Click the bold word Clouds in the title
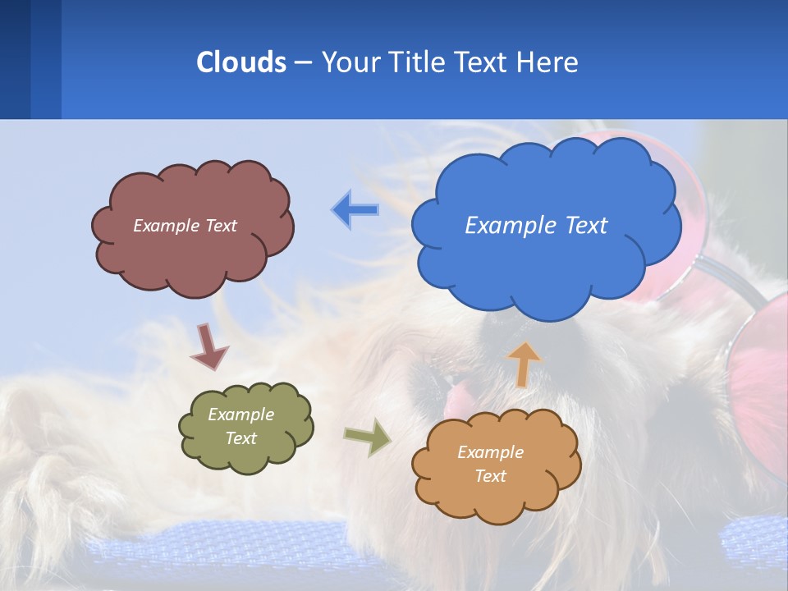pos(241,62)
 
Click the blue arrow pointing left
pos(355,210)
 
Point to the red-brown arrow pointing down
pos(209,346)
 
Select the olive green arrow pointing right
pos(367,437)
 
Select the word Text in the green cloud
pos(241,438)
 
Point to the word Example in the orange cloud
pos(490,452)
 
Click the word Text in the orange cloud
pos(490,476)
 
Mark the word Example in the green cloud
pos(241,415)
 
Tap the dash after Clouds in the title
pos(303,62)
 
